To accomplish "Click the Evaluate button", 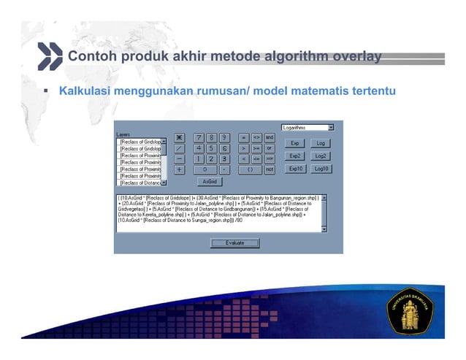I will coord(234,242).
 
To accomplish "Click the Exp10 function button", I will coord(295,169).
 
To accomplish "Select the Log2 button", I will coord(320,156).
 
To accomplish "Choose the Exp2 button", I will coord(295,156).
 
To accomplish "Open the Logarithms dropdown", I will coord(308,127).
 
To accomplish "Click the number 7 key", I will coord(196,137).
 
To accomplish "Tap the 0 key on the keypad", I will coord(204,169).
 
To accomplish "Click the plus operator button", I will coord(179,169).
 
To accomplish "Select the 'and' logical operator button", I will coord(270,137).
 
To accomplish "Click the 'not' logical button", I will coord(270,169).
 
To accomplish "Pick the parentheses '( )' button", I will coord(250,169).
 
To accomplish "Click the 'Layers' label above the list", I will coord(123,134).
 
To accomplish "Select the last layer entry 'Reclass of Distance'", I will coord(140,183).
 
